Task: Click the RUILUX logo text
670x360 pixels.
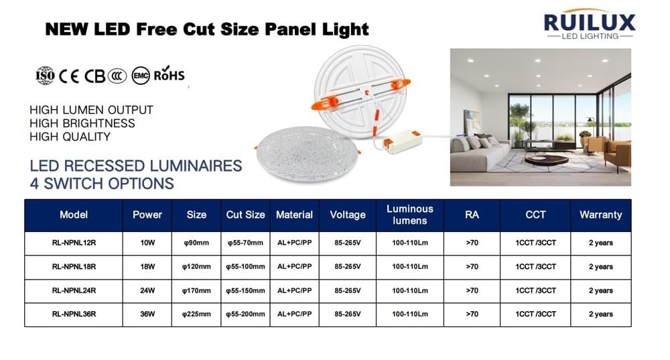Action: click(x=589, y=22)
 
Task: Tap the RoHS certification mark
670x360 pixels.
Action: click(x=169, y=75)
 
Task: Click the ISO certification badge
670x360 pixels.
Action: click(x=45, y=75)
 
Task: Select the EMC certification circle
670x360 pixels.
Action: click(x=141, y=75)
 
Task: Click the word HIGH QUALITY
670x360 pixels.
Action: click(x=70, y=136)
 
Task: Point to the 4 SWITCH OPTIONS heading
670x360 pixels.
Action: click(x=102, y=183)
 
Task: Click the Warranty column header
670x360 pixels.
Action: click(x=600, y=215)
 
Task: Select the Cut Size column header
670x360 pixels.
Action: click(x=245, y=215)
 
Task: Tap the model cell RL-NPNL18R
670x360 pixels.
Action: click(x=74, y=267)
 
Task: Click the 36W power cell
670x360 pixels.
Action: click(x=147, y=314)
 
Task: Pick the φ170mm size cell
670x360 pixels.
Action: click(x=196, y=291)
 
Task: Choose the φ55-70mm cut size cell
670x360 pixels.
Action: click(x=245, y=243)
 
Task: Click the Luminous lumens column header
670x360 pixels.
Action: click(x=410, y=215)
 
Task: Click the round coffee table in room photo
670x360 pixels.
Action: click(x=546, y=160)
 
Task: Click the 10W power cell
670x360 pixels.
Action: click(x=147, y=243)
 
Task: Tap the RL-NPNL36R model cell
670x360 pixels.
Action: click(x=74, y=314)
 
